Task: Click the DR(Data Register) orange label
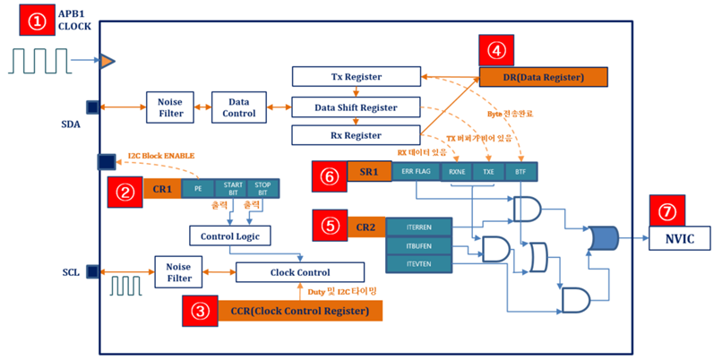click(544, 78)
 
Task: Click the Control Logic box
click(229, 235)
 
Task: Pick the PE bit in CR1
click(198, 189)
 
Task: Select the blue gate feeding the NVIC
click(605, 237)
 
